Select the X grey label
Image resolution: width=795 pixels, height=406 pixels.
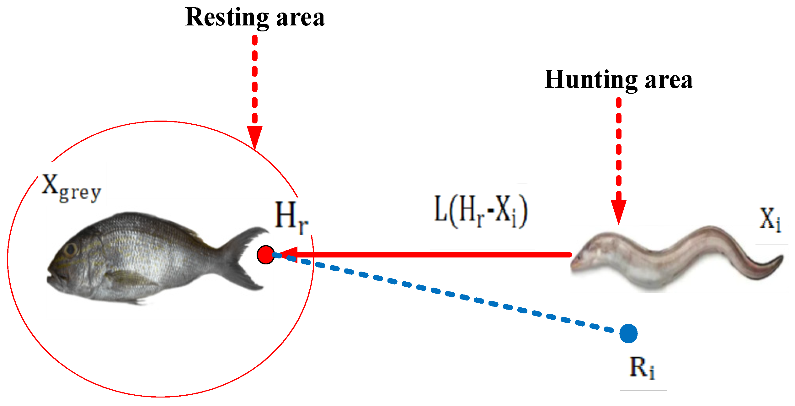pos(72,187)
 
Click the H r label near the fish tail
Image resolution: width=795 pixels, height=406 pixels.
pos(291,218)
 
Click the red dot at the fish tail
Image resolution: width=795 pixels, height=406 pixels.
pos(265,255)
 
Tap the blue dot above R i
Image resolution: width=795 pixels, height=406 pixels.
pos(628,333)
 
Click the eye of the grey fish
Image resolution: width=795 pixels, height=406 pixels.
pos(71,249)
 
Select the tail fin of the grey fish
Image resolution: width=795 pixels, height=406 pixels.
pos(245,257)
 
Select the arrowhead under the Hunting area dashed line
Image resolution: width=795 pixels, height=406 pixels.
pos(618,211)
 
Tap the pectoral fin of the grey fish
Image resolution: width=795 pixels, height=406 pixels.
pos(125,278)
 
